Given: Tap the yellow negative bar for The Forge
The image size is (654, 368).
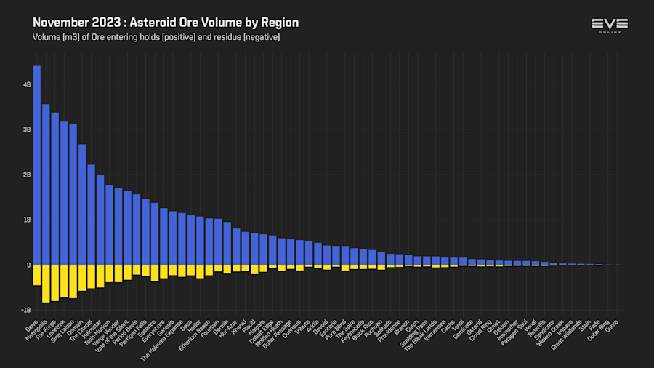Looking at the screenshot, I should coord(55,282).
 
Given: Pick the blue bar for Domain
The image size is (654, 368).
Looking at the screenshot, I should coord(82,204).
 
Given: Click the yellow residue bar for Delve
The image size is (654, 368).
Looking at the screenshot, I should coord(37,275).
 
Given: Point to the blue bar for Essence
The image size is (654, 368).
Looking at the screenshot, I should coord(155,233).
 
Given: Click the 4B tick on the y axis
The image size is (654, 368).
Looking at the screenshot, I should coord(27,84).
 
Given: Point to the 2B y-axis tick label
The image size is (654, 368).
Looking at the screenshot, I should coord(27,175).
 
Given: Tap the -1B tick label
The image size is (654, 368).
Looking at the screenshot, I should coord(26,310).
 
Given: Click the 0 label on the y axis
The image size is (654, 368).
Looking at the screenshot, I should coord(29,265).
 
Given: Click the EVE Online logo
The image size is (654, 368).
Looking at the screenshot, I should coord(610,25).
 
